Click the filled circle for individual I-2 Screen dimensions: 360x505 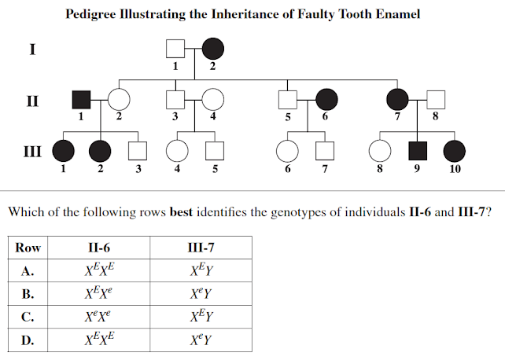[212, 50]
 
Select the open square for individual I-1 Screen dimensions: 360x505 [175, 50]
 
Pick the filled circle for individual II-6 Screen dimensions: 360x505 [326, 100]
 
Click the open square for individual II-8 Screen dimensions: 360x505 [436, 100]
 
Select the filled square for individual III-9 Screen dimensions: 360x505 [417, 150]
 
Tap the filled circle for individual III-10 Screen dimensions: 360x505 [455, 150]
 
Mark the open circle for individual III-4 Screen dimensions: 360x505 [176, 150]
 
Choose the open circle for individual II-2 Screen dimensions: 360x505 [118, 100]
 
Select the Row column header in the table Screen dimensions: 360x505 [28, 248]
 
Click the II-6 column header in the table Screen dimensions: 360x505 [102, 248]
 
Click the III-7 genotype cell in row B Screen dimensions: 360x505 [201, 295]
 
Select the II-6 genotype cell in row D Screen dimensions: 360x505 [102, 341]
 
